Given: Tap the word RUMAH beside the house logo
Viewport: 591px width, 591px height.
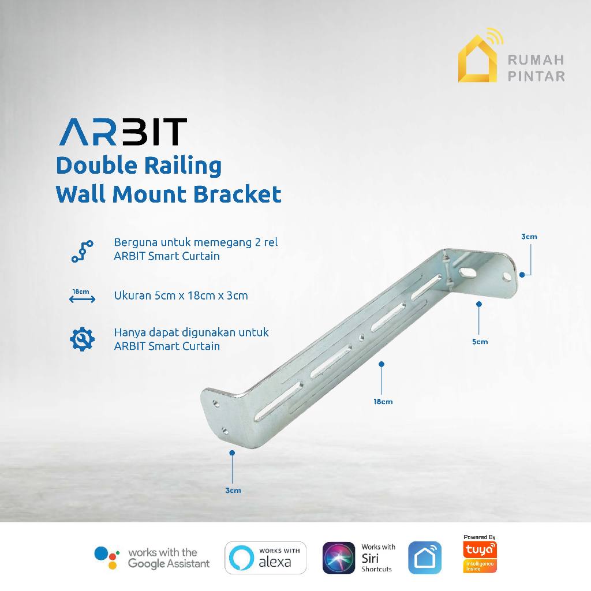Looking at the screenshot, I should [536, 59].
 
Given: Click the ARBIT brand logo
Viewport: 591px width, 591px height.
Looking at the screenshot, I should [122, 132].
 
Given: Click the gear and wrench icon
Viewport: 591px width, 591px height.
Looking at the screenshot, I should [83, 339].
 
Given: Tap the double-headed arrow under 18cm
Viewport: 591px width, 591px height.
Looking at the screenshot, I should [82, 300].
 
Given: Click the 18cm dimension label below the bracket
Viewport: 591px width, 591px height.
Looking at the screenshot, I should [383, 401].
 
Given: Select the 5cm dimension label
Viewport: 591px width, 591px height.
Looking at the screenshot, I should [480, 341].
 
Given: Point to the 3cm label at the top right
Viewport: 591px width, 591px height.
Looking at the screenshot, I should [529, 237].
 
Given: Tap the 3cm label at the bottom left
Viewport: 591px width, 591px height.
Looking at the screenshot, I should [233, 491].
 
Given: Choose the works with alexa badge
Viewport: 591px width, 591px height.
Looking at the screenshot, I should [265, 558].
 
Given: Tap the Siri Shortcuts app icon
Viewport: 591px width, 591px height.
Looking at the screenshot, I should [339, 558].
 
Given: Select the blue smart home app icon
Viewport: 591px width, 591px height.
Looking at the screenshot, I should [424, 558].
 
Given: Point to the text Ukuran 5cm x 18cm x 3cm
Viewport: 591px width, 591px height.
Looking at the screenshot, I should [181, 295].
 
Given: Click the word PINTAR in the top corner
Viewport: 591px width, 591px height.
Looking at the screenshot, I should [536, 76].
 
